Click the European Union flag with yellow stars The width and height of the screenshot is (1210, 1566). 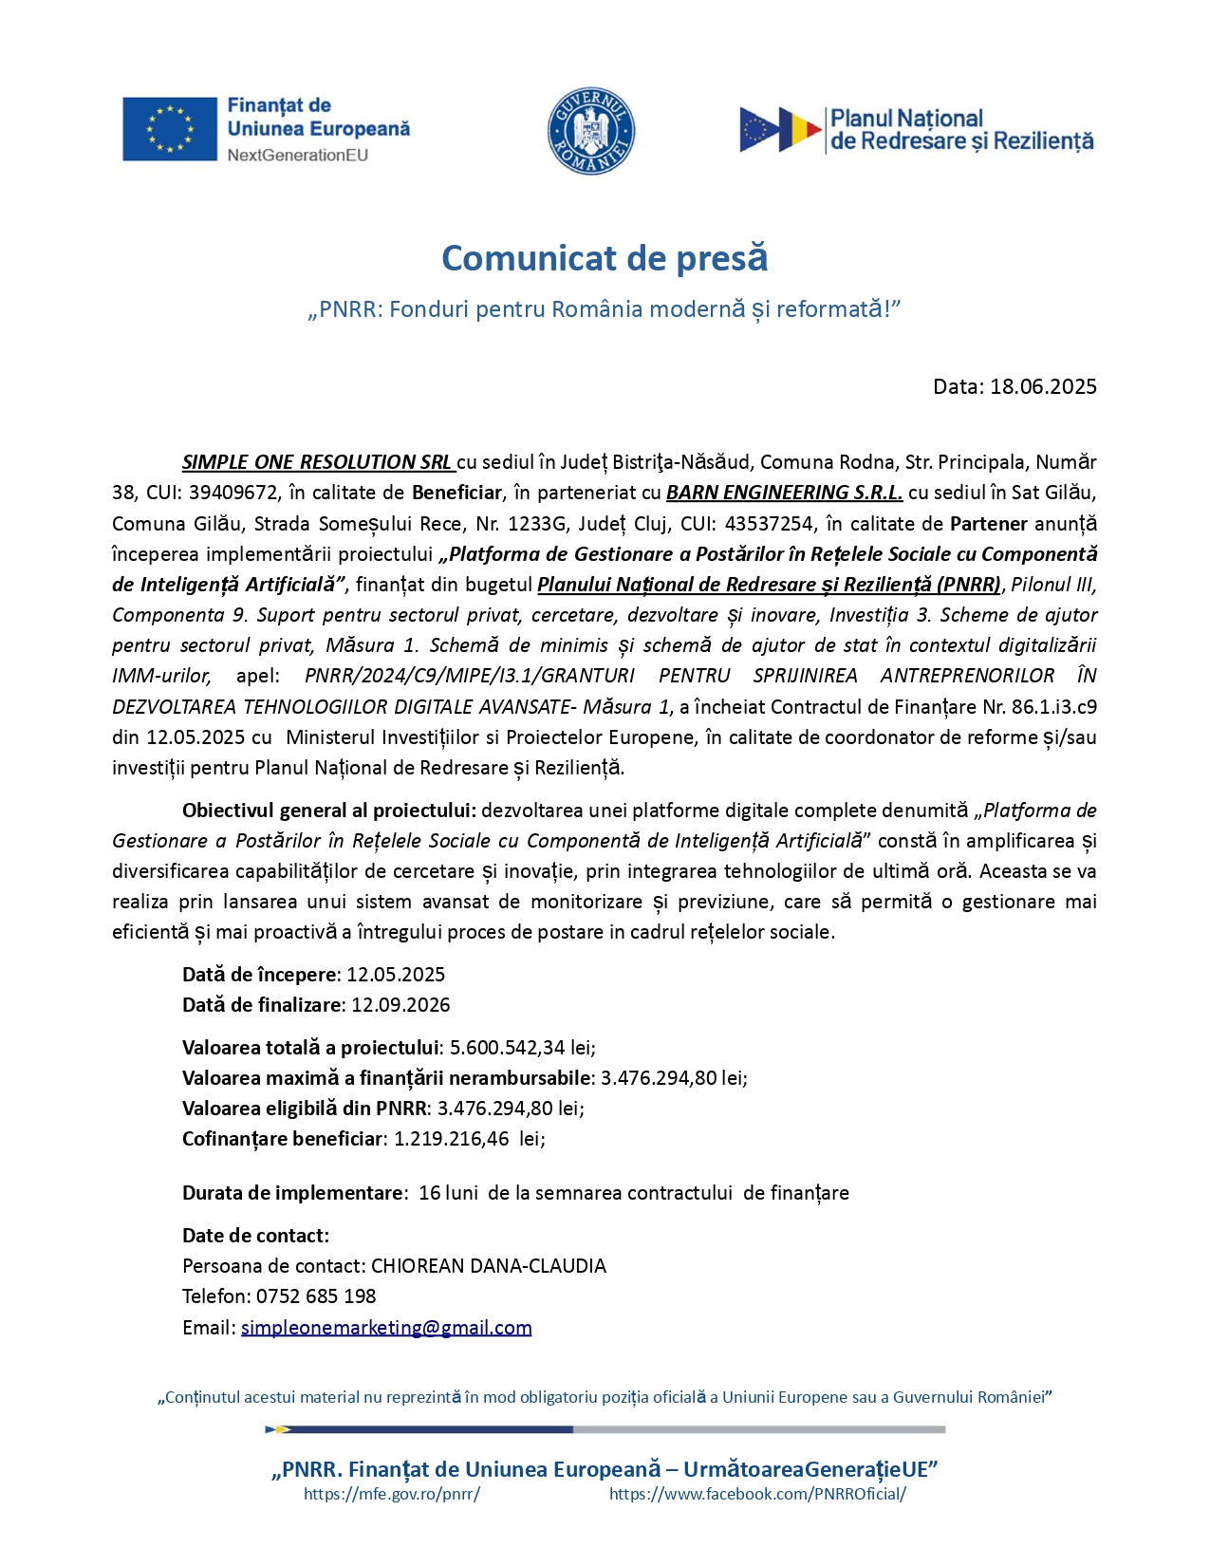(x=170, y=129)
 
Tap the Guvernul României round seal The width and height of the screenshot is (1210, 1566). (x=590, y=132)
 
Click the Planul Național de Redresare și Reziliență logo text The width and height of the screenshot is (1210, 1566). (x=960, y=130)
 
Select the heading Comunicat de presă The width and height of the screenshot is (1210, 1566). (x=605, y=258)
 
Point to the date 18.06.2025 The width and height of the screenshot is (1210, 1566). (x=1043, y=386)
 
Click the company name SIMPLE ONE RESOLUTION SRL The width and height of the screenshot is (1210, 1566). (x=317, y=462)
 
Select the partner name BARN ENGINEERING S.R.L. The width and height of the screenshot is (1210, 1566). (x=784, y=493)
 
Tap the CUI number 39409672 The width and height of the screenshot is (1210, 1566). (x=233, y=493)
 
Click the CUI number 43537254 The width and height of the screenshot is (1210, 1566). (x=766, y=523)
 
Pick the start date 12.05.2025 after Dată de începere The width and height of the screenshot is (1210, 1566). (x=396, y=975)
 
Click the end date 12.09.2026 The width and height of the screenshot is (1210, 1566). (x=400, y=1005)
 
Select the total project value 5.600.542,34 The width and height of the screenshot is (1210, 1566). (x=507, y=1048)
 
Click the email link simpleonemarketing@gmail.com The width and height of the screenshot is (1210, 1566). (x=386, y=1328)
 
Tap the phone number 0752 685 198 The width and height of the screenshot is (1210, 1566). (x=316, y=1296)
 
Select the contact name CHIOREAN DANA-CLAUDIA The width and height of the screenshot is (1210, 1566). (x=488, y=1266)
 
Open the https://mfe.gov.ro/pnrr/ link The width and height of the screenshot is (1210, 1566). (x=392, y=1494)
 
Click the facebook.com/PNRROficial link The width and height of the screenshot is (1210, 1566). (x=757, y=1494)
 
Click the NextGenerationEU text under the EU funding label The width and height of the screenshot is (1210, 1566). (x=297, y=155)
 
